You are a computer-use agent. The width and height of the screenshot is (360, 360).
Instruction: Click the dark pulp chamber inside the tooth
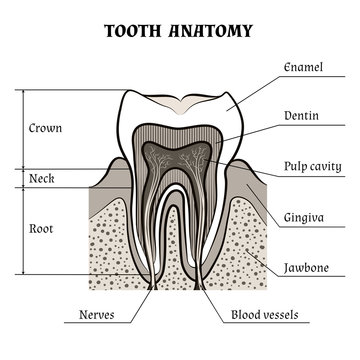pos(180,165)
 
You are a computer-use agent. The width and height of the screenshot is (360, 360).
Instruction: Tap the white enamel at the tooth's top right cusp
pos(233,110)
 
